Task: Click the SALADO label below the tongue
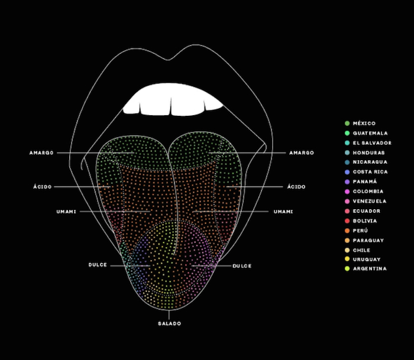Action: pyautogui.click(x=170, y=323)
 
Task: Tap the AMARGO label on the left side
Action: pyautogui.click(x=41, y=153)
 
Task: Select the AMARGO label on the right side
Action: pyautogui.click(x=302, y=153)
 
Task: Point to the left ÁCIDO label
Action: pyautogui.click(x=43, y=187)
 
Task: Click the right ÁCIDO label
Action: pyautogui.click(x=296, y=187)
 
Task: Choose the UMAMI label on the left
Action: pyautogui.click(x=66, y=212)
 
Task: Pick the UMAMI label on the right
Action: pyautogui.click(x=283, y=212)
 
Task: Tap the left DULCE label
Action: pyautogui.click(x=98, y=265)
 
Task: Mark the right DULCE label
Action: pyautogui.click(x=242, y=266)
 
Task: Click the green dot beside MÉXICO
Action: pyautogui.click(x=347, y=124)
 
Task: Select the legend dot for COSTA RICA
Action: pyautogui.click(x=347, y=172)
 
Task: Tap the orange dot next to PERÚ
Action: pyautogui.click(x=347, y=231)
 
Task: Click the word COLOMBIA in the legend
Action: pyautogui.click(x=368, y=192)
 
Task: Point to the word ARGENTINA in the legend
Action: pyautogui.click(x=370, y=269)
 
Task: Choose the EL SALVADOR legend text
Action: pyautogui.click(x=372, y=143)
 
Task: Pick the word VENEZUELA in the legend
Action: pyautogui.click(x=370, y=202)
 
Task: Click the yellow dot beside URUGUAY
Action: pyautogui.click(x=347, y=259)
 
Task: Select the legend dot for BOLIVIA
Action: pyautogui.click(x=347, y=221)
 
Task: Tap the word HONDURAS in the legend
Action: pyautogui.click(x=369, y=153)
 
